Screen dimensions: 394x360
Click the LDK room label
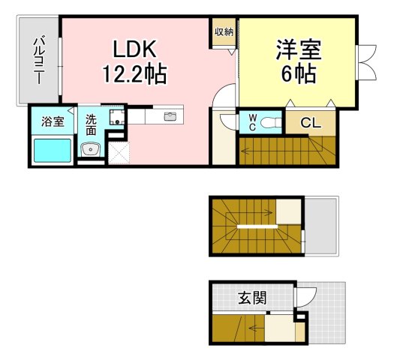click(x=135, y=49)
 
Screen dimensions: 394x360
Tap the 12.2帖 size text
click(x=134, y=73)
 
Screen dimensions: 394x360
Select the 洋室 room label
click(x=299, y=49)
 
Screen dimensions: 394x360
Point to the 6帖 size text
click(x=299, y=73)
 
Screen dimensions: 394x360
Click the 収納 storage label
click(x=224, y=31)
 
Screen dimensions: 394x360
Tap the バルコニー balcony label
click(x=39, y=60)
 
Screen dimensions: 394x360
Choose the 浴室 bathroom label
click(x=53, y=121)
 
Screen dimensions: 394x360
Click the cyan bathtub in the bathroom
click(x=53, y=151)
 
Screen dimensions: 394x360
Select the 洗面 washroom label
click(x=91, y=124)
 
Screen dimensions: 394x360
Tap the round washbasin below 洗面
click(x=91, y=149)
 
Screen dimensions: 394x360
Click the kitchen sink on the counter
click(x=170, y=116)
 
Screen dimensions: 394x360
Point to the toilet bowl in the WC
click(x=269, y=123)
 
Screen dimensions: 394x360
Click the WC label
click(x=252, y=122)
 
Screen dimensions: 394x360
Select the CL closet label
click(x=311, y=123)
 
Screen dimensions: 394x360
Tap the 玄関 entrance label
click(x=252, y=298)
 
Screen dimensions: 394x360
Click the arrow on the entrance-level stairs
click(x=257, y=328)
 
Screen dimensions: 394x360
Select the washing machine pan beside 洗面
click(x=117, y=116)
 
